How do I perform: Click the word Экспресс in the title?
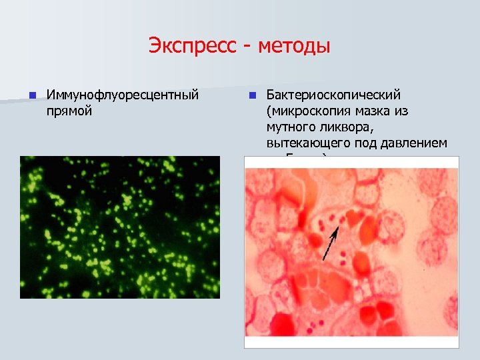click(192, 47)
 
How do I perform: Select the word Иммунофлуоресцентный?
click(122, 95)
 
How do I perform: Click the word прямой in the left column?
click(69, 111)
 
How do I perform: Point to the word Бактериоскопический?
click(343, 95)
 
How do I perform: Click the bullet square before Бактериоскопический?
click(252, 96)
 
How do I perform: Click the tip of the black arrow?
click(338, 227)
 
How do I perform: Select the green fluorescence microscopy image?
click(119, 227)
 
